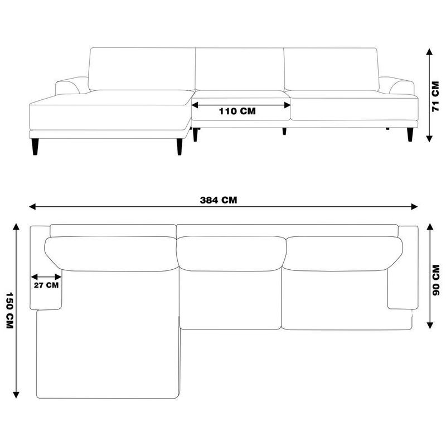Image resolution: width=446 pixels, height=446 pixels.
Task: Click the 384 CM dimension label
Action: coord(218,200)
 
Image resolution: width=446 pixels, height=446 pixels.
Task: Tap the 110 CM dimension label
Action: coord(237,111)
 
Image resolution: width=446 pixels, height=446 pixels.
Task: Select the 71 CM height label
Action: coord(435,96)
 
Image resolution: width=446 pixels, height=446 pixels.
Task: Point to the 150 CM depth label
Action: coord(9,311)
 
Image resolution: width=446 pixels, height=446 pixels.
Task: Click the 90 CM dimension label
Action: coord(435,280)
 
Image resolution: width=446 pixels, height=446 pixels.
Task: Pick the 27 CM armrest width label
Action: coord(46,285)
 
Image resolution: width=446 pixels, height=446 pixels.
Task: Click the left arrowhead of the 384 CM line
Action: coord(32,207)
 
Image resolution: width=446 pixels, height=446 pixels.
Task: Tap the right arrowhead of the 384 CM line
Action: coord(414,207)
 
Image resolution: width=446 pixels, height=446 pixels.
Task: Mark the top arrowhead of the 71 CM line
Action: coord(429,52)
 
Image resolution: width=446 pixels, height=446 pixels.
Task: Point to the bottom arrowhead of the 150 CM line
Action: coord(16,395)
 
